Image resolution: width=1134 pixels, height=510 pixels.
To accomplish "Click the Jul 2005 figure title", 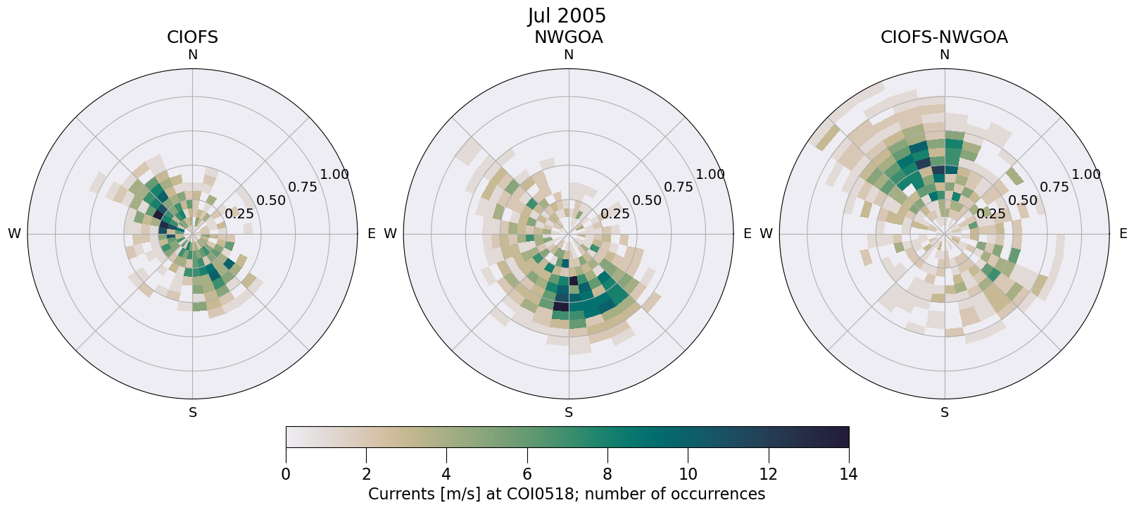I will point(567,15).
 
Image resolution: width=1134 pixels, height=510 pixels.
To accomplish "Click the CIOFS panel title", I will point(192,37).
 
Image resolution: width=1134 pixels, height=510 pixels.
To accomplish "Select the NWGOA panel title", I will point(568,37).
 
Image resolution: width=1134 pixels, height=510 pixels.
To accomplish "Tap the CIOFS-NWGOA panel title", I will point(944,37).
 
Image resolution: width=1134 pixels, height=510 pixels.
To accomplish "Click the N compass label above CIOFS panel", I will point(192,55).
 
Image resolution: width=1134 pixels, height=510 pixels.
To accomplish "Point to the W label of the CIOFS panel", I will point(14,234).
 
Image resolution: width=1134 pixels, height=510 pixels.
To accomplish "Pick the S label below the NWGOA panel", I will point(568,413).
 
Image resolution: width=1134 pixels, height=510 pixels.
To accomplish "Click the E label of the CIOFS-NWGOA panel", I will point(1123,234).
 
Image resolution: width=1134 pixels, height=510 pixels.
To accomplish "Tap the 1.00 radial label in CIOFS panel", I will point(334,175).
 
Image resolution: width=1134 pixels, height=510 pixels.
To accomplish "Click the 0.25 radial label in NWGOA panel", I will point(615,214).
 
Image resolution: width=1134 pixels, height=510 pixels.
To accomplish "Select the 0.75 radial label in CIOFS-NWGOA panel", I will point(1054,187).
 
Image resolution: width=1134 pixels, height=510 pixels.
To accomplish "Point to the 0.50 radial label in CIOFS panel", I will point(271,201).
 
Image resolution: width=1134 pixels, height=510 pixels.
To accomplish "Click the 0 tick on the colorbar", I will point(286,474).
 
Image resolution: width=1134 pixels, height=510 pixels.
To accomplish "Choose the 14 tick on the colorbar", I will point(848,474).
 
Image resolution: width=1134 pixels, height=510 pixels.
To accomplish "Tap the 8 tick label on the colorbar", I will point(607,474).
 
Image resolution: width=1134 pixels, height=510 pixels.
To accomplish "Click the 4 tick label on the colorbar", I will point(446,474).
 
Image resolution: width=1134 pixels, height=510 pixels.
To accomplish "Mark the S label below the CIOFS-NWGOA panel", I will point(944,413).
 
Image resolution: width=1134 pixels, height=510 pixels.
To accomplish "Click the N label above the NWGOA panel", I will point(568,55).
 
